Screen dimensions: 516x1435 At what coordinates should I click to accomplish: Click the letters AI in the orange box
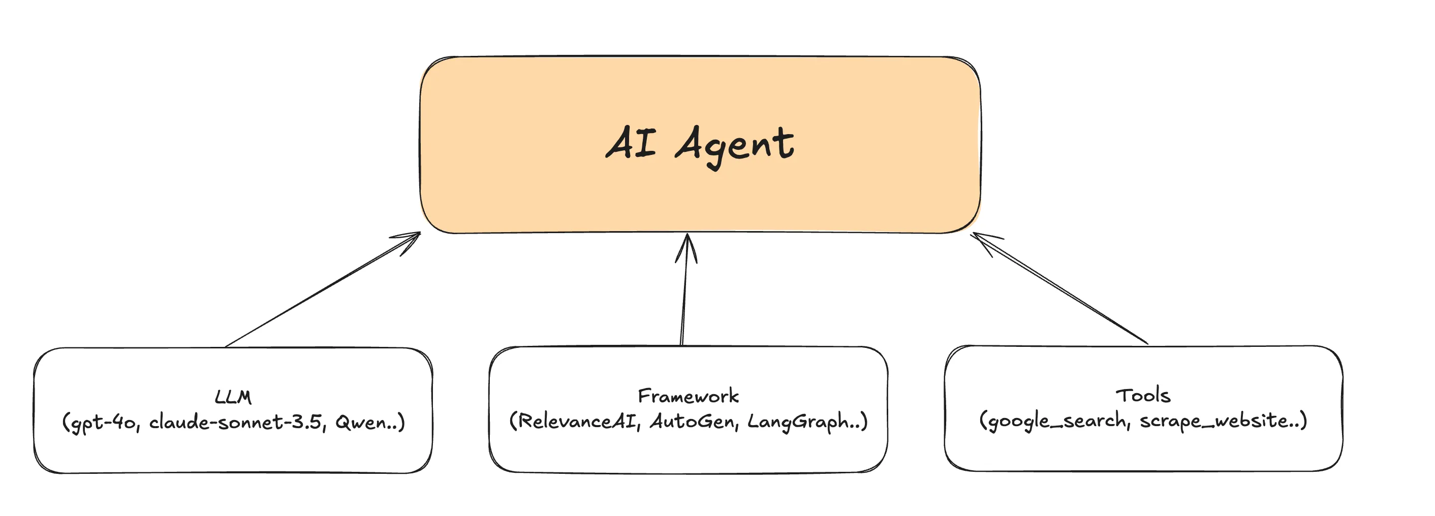[631, 143]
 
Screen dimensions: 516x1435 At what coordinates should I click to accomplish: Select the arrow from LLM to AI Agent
[323, 289]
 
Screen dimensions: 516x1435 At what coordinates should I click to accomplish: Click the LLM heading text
[233, 397]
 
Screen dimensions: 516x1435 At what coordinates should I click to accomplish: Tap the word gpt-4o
[103, 423]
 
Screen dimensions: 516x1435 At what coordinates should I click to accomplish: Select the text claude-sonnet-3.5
[236, 422]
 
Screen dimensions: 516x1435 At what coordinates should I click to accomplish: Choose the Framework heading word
[688, 396]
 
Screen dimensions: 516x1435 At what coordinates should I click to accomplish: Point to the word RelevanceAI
[575, 422]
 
